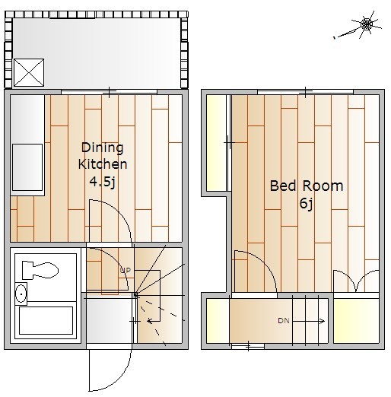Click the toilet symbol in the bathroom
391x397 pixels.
click(x=40, y=270)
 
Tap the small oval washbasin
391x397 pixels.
click(x=21, y=294)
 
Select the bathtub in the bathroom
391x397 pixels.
click(x=46, y=320)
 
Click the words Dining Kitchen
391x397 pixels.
click(x=103, y=156)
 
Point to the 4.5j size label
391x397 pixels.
click(x=103, y=182)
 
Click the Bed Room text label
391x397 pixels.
click(x=307, y=186)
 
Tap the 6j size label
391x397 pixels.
click(x=307, y=203)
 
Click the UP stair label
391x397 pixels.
click(x=126, y=270)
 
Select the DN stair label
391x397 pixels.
click(x=284, y=321)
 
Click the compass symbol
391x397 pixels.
click(x=365, y=25)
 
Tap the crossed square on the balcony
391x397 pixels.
click(x=29, y=73)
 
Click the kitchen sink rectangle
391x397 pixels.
click(x=27, y=167)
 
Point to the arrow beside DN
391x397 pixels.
click(x=308, y=321)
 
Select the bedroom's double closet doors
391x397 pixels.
click(x=356, y=281)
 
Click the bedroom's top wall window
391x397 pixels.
click(x=305, y=92)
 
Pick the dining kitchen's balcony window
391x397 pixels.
click(x=109, y=92)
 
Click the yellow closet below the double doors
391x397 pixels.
click(x=356, y=321)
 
